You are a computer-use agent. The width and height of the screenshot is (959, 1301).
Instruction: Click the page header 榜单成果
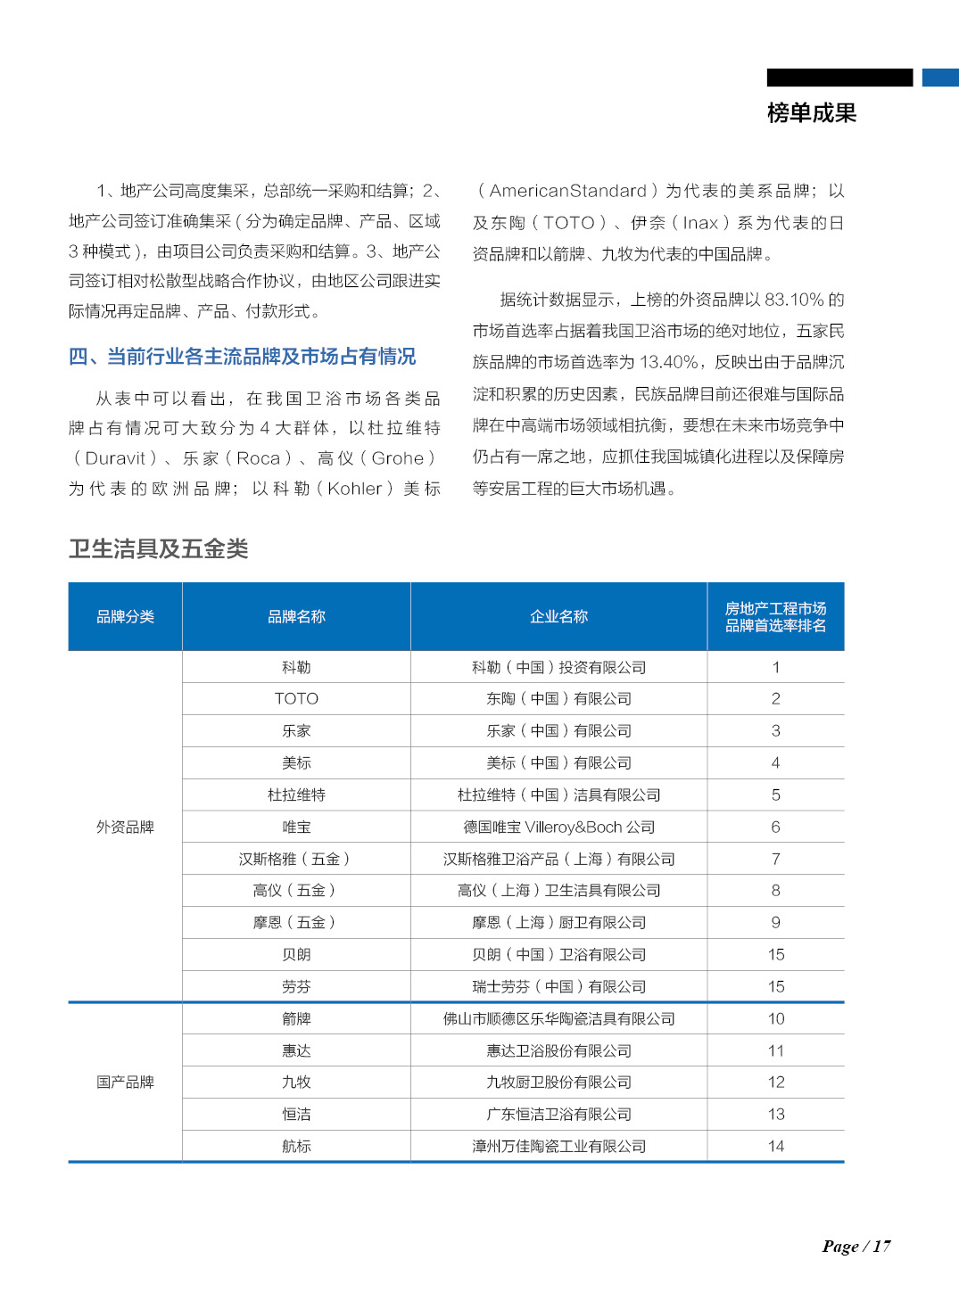point(811,113)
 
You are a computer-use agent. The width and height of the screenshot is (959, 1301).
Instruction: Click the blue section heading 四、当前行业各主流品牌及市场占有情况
point(242,357)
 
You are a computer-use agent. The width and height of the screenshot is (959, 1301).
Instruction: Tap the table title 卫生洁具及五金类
point(158,548)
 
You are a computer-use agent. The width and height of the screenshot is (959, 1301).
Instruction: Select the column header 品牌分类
point(125,616)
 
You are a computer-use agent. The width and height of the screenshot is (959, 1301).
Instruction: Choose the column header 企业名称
point(558,616)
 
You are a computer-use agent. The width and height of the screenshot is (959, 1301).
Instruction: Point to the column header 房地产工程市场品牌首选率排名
point(775,616)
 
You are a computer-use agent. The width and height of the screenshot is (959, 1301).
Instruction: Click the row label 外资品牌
point(125,827)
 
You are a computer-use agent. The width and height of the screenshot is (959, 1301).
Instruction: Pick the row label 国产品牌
point(125,1082)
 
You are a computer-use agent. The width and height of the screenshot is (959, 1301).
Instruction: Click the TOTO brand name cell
point(296,698)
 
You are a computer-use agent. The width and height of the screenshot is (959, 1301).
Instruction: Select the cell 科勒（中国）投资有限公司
point(558,667)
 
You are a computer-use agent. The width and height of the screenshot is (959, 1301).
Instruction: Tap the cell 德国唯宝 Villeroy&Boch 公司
point(558,827)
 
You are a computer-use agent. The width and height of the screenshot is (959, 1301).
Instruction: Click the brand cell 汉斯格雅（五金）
point(296,859)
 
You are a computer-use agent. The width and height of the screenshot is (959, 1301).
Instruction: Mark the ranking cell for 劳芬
point(775,986)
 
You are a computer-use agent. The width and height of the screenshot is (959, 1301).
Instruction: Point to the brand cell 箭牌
point(296,1018)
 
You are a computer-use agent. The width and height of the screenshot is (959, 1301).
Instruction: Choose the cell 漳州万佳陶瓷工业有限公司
point(558,1146)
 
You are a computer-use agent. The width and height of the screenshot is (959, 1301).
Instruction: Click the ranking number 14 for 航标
point(775,1146)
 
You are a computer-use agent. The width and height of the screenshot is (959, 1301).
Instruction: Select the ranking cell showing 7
point(775,859)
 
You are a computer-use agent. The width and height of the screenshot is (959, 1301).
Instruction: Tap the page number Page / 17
point(856,1246)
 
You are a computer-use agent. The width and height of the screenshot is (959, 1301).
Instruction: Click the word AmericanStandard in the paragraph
point(567,191)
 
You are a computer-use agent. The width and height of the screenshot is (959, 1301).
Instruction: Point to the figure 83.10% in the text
point(794,300)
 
